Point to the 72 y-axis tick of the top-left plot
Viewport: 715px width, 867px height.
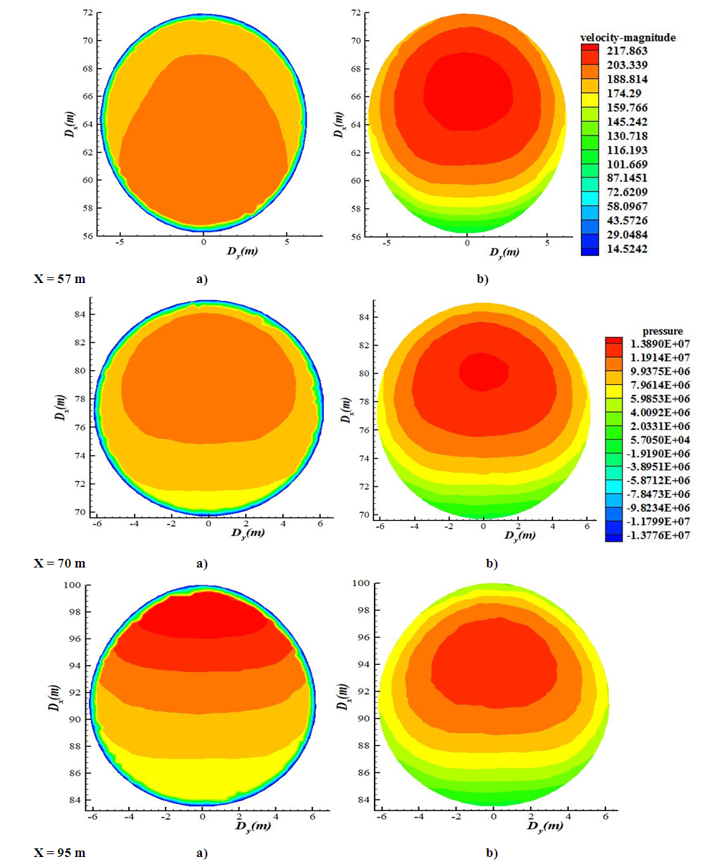[x=87, y=14]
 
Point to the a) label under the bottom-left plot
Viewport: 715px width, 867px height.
[x=201, y=853]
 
